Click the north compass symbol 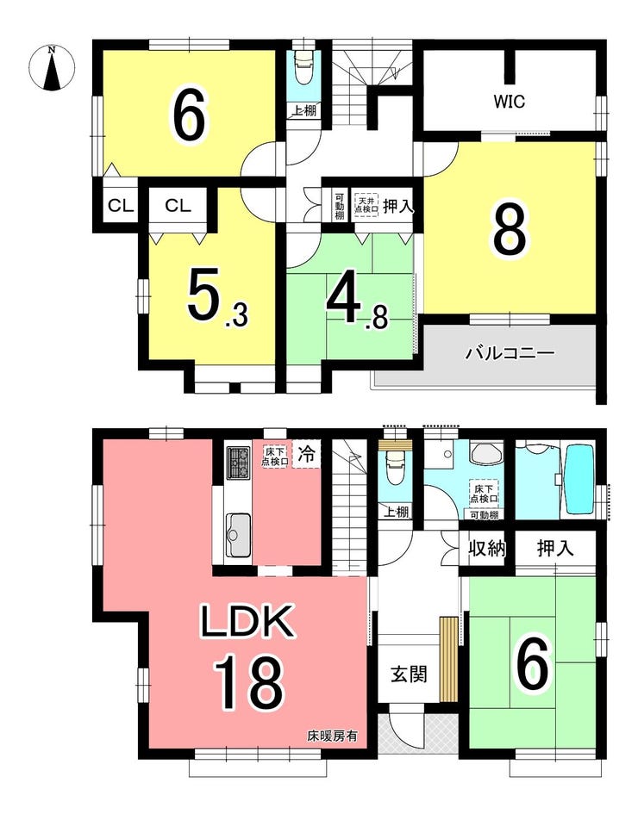pyautogui.click(x=52, y=68)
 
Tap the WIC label pyautogui.click(x=510, y=102)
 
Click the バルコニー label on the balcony pyautogui.click(x=510, y=354)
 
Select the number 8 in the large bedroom pyautogui.click(x=510, y=232)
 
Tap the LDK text pyautogui.click(x=247, y=622)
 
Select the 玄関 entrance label pyautogui.click(x=410, y=674)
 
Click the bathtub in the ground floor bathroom pyautogui.click(x=580, y=479)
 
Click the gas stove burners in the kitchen pyautogui.click(x=239, y=462)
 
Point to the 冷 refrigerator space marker pyautogui.click(x=307, y=456)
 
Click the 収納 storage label pyautogui.click(x=487, y=548)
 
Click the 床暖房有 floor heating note pyautogui.click(x=332, y=736)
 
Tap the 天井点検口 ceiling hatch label pyautogui.click(x=366, y=204)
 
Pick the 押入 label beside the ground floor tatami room pyautogui.click(x=555, y=548)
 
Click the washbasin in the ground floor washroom pyautogui.click(x=486, y=453)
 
